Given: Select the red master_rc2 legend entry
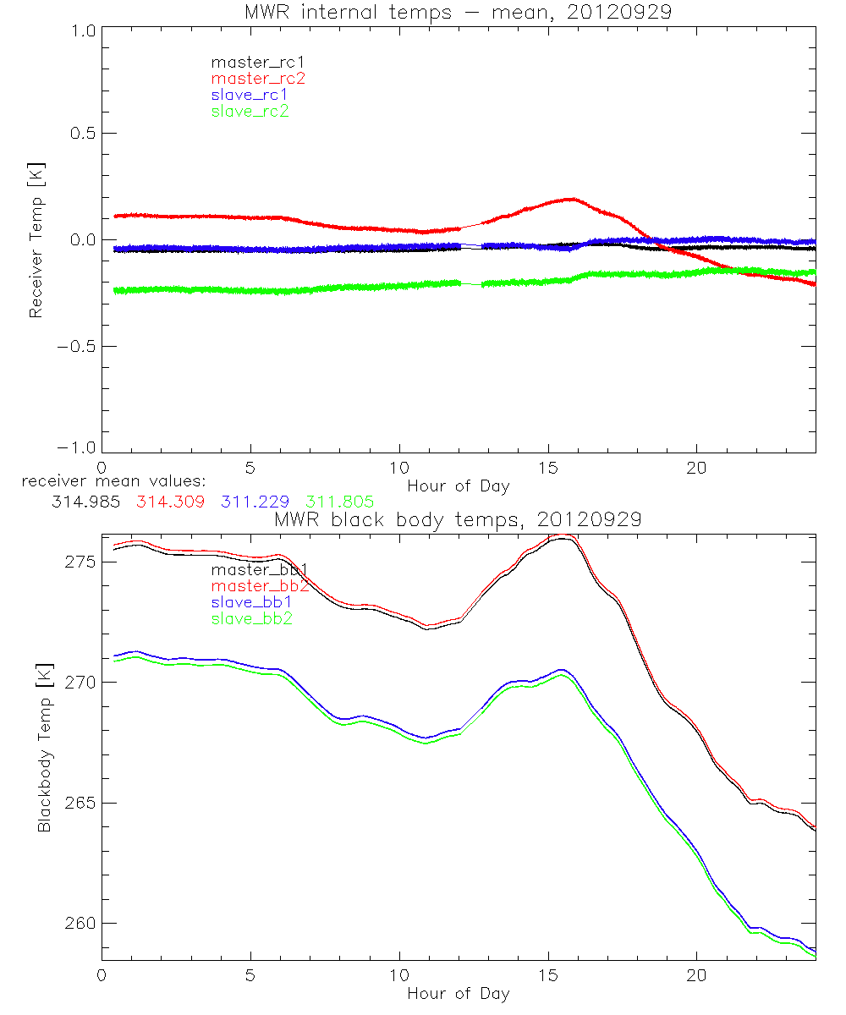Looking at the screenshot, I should click(258, 79).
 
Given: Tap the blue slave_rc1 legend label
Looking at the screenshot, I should click(250, 95).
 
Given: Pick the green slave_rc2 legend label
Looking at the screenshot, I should click(250, 112).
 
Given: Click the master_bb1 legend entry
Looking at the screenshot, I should click(258, 570).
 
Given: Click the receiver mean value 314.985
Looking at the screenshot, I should click(84, 502).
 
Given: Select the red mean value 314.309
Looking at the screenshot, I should click(168, 502).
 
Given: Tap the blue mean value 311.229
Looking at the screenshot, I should click(255, 502).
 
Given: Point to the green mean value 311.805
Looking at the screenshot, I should click(340, 502).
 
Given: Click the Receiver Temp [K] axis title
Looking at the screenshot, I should click(36, 240).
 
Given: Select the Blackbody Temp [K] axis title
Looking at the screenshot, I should click(43, 749).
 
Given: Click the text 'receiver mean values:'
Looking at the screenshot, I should click(107, 482).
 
